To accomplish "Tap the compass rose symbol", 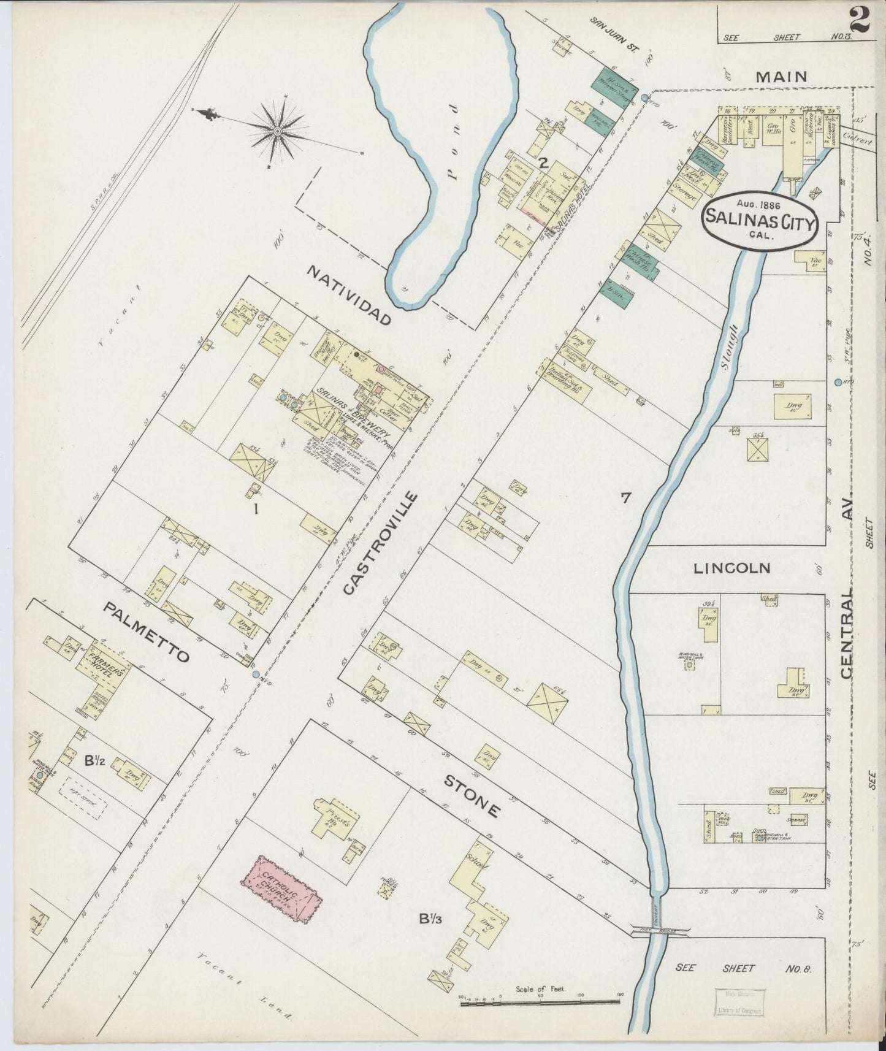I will (x=278, y=131).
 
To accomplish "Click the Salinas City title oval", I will (x=761, y=220).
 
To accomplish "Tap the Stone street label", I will (x=472, y=796).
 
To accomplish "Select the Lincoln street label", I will (x=731, y=568).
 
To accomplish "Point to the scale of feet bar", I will (x=540, y=1002).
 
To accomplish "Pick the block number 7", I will (x=625, y=498).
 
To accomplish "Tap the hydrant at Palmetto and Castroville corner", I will (x=256, y=674).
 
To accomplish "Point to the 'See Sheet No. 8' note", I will (x=743, y=968).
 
